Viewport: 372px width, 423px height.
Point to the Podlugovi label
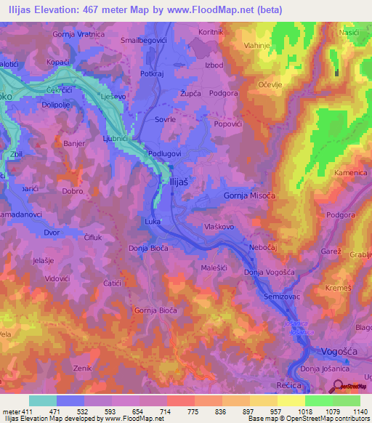164,154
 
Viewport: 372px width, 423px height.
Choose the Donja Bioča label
148,249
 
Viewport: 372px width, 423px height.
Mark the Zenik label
82,369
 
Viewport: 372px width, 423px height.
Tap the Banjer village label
75,144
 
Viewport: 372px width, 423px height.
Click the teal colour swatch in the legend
43,401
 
